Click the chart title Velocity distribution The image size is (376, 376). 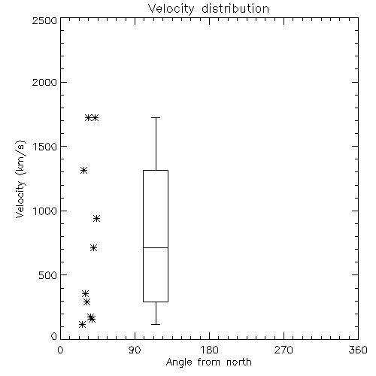point(208,9)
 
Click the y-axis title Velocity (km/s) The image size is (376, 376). point(20,179)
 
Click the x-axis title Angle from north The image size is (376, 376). point(208,362)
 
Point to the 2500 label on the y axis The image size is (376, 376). point(44,20)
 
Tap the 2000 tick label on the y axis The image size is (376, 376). point(44,82)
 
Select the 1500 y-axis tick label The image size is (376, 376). point(45,147)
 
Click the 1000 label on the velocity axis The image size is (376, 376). point(45,211)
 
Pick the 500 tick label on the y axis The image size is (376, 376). point(48,275)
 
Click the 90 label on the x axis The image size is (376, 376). point(135,350)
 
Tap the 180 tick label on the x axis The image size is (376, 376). point(209,350)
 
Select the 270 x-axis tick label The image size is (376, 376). point(284,350)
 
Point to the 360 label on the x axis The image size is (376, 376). point(358,350)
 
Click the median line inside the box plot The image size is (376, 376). point(156,247)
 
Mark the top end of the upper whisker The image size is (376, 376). point(156,117)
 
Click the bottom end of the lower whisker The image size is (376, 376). point(156,324)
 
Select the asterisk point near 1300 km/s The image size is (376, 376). point(83,171)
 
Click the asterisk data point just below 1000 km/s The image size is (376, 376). point(97,219)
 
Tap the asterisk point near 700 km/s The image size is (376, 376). point(94,248)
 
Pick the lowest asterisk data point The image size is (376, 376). point(82,325)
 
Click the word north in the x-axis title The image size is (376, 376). point(239,362)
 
